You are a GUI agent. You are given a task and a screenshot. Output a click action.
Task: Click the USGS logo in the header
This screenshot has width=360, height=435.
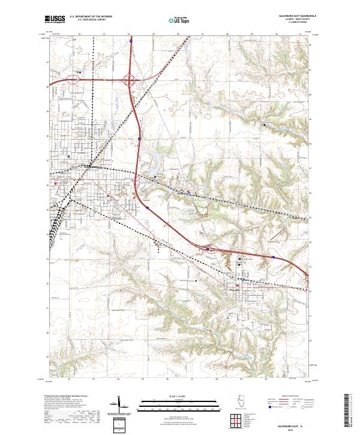click(54, 20)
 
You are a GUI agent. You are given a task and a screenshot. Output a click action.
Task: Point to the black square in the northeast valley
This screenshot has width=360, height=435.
click(265, 124)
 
